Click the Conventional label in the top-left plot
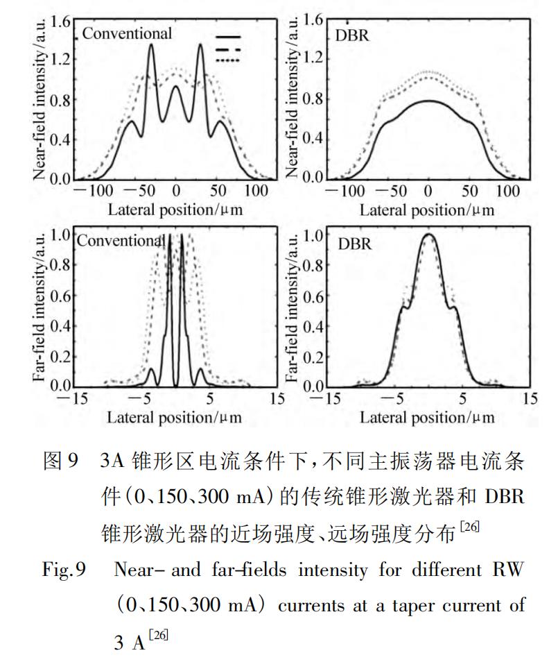(x=127, y=33)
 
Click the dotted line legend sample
(x=229, y=61)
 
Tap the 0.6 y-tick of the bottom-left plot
(x=60, y=296)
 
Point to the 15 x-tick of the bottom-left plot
(x=276, y=399)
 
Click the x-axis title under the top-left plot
(x=175, y=210)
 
